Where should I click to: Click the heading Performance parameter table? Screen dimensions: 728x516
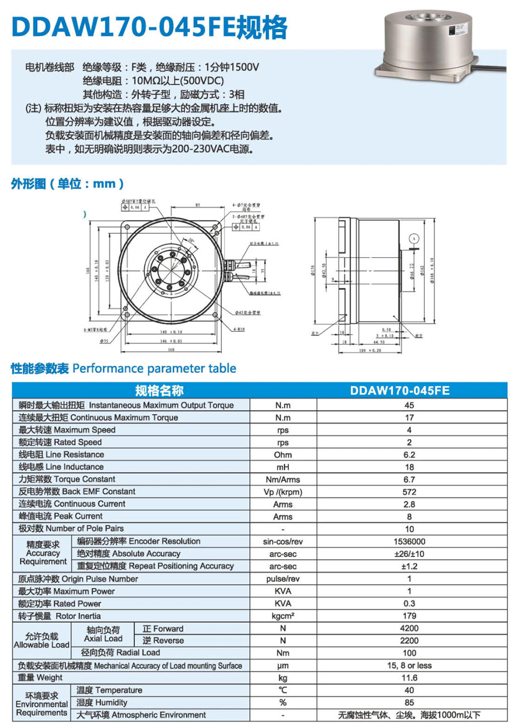[154, 368]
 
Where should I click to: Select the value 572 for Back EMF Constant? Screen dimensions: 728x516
[409, 492]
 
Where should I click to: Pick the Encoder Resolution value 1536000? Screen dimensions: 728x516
[409, 541]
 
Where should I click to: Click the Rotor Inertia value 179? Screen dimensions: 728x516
[409, 616]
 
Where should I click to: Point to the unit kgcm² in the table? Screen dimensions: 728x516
[283, 616]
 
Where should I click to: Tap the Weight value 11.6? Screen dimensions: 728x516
[409, 677]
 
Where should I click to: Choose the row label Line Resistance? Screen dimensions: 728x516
[61, 455]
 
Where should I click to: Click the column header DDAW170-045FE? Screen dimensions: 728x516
[399, 391]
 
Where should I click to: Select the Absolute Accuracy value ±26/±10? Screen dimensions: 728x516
[409, 554]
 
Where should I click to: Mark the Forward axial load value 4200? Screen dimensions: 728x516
[409, 628]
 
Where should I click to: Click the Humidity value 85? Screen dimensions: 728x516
[409, 702]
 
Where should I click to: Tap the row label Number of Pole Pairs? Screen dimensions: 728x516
[71, 528]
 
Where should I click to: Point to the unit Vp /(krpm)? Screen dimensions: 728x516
[283, 492]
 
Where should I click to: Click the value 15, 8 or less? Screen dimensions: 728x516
[409, 665]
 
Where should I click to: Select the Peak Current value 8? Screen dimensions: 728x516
[409, 516]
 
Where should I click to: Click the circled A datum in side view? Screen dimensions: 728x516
[414, 238]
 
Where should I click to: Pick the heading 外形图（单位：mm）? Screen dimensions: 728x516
[68, 184]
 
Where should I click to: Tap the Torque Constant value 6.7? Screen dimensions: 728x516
[409, 479]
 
